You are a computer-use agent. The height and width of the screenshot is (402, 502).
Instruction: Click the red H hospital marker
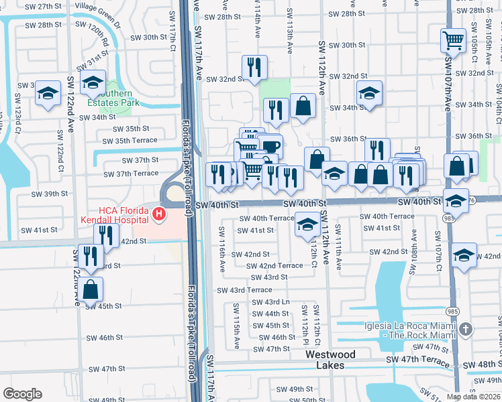159,214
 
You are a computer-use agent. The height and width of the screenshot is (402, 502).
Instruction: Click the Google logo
22,394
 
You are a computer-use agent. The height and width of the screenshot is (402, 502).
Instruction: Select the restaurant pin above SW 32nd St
254,67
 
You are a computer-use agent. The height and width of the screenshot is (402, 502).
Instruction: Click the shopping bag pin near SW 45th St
91,289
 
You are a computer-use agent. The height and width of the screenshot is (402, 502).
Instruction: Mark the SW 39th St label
50,194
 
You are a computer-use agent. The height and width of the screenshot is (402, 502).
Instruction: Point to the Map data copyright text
472,397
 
